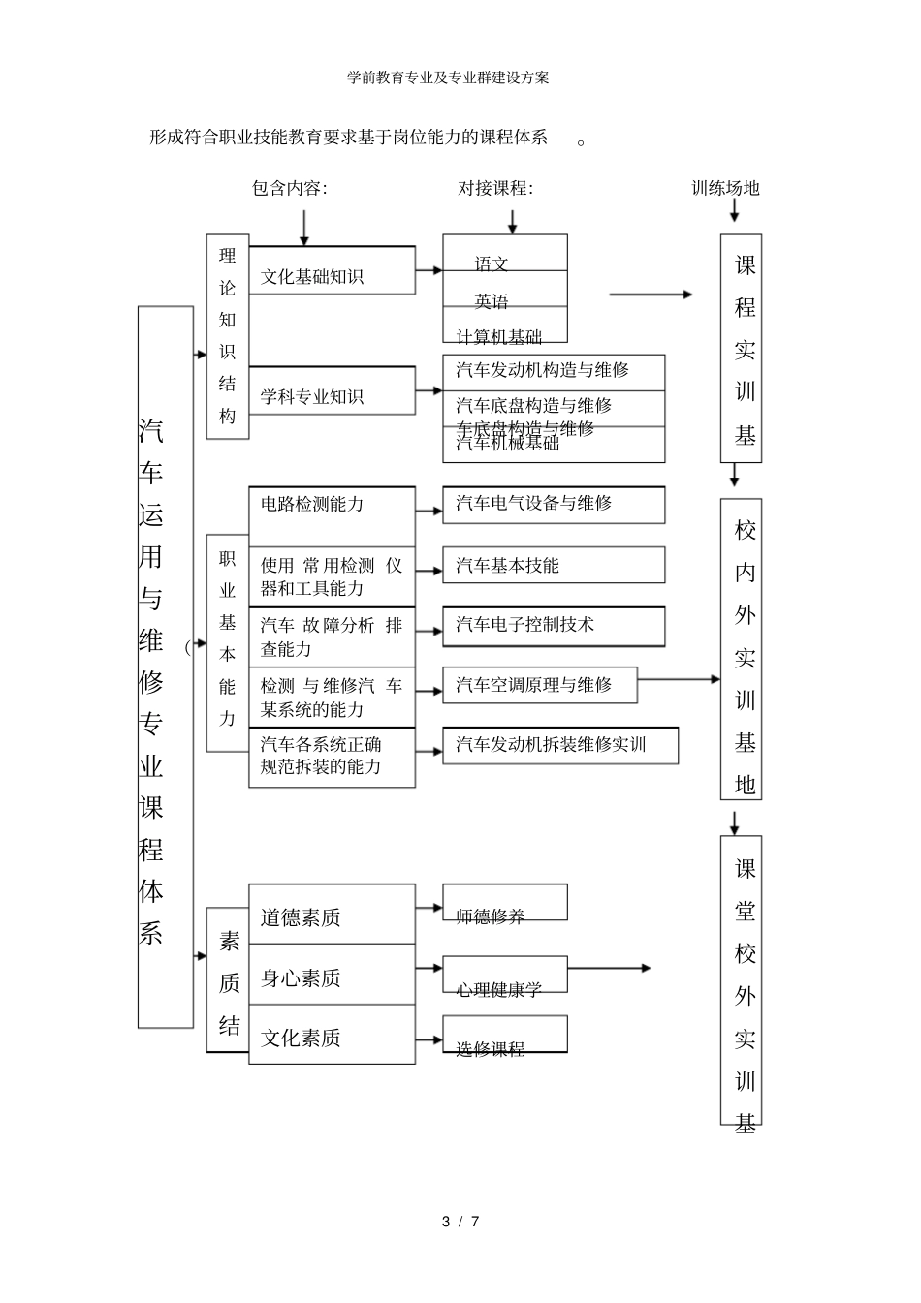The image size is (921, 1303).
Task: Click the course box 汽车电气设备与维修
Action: click(554, 505)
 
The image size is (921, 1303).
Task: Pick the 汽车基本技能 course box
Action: click(554, 565)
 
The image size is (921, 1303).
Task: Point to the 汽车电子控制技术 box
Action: click(554, 626)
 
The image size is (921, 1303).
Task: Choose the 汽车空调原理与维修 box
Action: click(540, 685)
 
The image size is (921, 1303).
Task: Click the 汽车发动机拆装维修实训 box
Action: click(559, 745)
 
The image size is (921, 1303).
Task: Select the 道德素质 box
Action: click(332, 916)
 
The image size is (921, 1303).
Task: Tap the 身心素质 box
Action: click(332, 977)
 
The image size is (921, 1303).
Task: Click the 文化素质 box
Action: click(332, 1038)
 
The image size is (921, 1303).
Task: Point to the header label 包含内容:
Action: click(290, 188)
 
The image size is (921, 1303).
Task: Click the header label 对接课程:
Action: click(495, 188)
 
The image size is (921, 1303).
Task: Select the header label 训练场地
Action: click(725, 188)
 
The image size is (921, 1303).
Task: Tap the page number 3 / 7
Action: click(460, 1222)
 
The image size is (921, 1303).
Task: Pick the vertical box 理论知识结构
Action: click(228, 336)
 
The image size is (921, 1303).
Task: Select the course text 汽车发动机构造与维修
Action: click(543, 370)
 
